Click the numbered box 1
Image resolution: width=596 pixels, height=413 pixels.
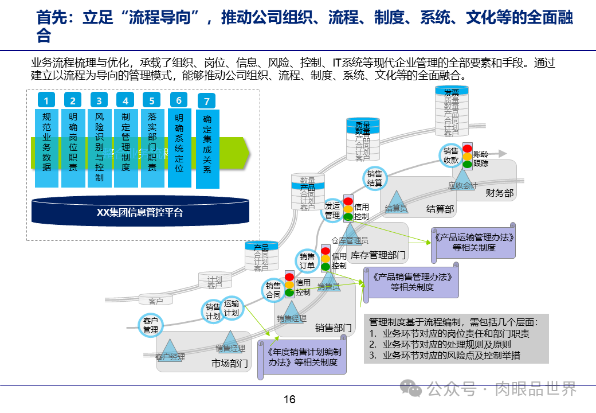pos(46,101)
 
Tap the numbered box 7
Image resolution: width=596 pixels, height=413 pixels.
pos(207,102)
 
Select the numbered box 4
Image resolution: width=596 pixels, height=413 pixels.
pos(126,101)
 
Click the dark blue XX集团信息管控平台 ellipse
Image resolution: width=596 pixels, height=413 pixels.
pos(140,212)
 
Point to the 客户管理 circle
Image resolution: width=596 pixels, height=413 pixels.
pos(151,325)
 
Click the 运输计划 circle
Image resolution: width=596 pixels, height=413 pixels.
pos(232,308)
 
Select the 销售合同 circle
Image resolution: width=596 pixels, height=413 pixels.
pos(273,290)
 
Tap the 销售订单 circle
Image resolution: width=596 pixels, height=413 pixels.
pos(307,260)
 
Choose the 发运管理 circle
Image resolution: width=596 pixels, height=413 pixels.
pos(332,211)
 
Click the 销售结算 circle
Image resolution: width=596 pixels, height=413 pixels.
pos(375,178)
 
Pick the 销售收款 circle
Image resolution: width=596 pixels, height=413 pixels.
pos(451,155)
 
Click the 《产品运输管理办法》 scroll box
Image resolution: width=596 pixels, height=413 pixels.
pos(473,242)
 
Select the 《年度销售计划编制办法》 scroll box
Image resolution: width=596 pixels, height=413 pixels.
pos(304,357)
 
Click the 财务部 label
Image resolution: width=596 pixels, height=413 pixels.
pos(499,193)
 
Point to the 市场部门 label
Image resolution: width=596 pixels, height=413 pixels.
pos(229,363)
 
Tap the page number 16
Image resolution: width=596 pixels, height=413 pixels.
pos(289,399)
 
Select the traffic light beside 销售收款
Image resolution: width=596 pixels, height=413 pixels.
pos(468,155)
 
